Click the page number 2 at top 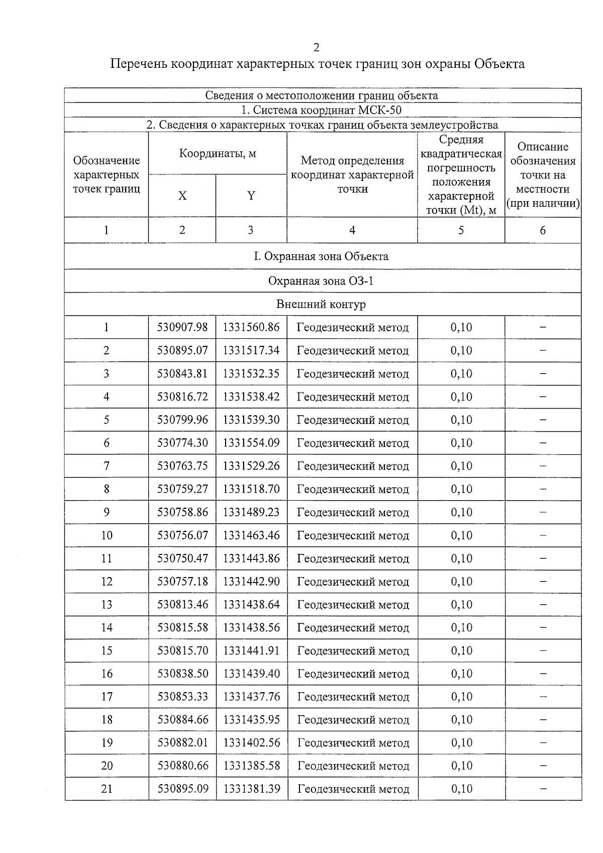point(316,48)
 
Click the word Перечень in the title point(138,64)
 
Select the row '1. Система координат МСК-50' point(322,110)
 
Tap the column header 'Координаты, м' point(218,154)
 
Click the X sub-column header point(182,196)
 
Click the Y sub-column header point(251,196)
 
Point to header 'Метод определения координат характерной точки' point(352,174)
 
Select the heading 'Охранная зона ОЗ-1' point(321,281)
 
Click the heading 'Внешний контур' point(321,304)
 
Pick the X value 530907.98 point(182,327)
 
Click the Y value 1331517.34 point(251,350)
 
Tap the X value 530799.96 point(182,420)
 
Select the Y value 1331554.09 point(251,443)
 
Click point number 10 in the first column point(107,535)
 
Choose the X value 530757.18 point(182,582)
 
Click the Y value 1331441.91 point(251,651)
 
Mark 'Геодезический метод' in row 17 point(353,697)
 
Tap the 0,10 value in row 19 point(461,743)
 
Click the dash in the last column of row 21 point(543,789)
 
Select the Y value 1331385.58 point(251,766)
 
